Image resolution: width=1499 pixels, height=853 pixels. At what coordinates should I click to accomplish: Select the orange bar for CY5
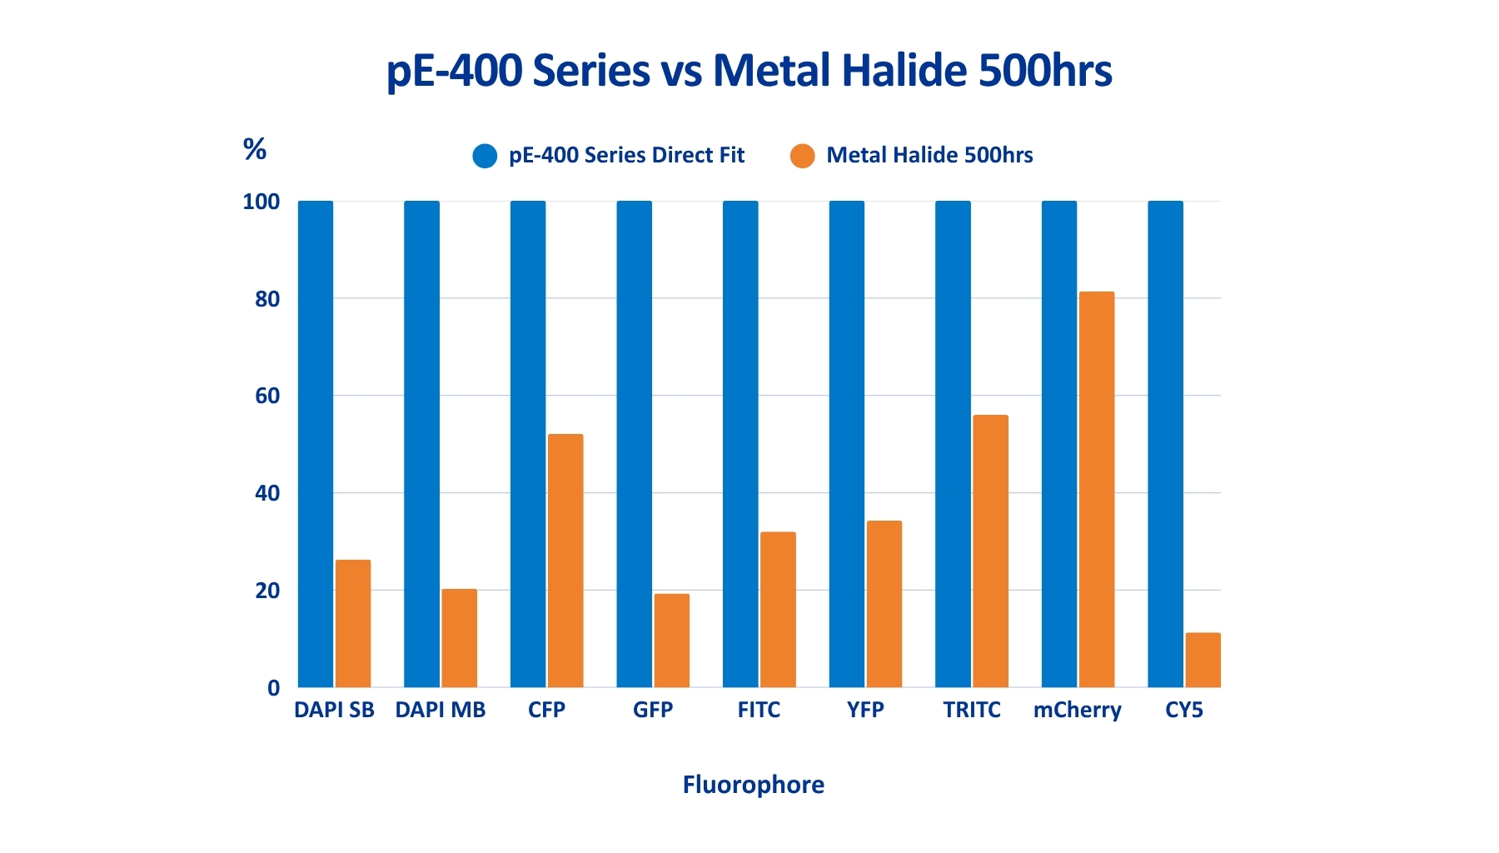[x=1203, y=660]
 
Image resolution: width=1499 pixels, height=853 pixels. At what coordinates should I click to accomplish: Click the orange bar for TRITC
[x=990, y=551]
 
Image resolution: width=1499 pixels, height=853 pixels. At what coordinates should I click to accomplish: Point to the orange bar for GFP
[x=671, y=641]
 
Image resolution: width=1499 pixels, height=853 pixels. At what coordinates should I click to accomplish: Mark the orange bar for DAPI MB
[x=459, y=638]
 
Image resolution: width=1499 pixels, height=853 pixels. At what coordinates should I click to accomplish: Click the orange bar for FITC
[x=778, y=610]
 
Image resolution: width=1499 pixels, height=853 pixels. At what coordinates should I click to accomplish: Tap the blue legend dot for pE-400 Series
[x=485, y=156]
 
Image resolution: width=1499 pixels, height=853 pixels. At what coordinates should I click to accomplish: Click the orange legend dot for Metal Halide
[x=802, y=156]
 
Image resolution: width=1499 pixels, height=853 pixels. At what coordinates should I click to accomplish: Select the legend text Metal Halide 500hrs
[x=929, y=156]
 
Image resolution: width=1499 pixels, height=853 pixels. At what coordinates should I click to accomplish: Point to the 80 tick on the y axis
[x=267, y=299]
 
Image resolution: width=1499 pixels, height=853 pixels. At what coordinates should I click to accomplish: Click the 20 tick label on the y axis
[x=267, y=591]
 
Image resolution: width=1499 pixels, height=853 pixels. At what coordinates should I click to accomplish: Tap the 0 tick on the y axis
[x=273, y=689]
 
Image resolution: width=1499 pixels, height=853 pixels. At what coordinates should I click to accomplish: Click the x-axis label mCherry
[x=1077, y=711]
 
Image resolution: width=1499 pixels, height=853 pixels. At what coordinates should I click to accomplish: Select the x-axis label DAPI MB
[x=440, y=710]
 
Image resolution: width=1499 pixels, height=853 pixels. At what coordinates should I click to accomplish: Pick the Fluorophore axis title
[x=753, y=785]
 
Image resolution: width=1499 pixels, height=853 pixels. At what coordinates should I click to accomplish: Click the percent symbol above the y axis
[x=254, y=149]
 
